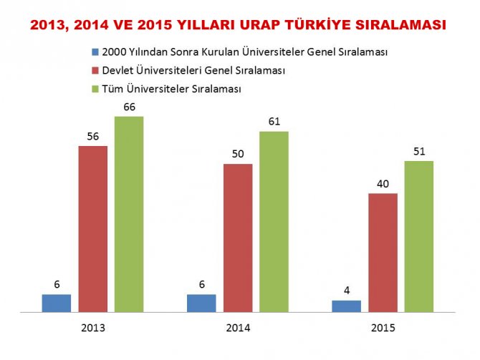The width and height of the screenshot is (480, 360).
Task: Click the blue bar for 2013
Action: click(x=57, y=303)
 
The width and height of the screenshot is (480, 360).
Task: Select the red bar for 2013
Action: click(x=93, y=229)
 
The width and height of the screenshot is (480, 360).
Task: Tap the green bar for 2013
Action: click(x=129, y=214)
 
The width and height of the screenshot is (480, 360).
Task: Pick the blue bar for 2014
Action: click(x=201, y=303)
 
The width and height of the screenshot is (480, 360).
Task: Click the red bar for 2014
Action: click(x=238, y=238)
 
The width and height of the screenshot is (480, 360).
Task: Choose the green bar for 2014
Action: click(x=274, y=222)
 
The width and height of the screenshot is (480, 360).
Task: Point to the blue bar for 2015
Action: click(x=347, y=306)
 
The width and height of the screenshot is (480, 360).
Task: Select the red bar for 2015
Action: click(x=383, y=253)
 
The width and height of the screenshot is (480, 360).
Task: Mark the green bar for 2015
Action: click(x=419, y=237)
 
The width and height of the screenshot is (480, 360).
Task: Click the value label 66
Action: click(x=129, y=107)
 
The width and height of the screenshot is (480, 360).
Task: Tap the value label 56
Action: click(x=93, y=137)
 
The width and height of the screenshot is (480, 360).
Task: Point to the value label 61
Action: click(x=274, y=122)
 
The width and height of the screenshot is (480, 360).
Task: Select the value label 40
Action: click(x=383, y=184)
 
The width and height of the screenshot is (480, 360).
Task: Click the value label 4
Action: click(x=347, y=291)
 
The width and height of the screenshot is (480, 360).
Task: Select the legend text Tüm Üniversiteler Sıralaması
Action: click(x=172, y=89)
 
